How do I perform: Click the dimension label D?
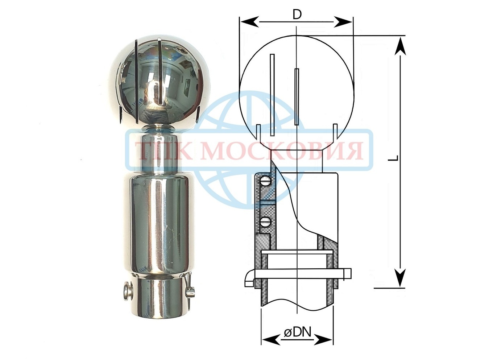point(297,15)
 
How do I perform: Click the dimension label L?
point(394,158)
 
